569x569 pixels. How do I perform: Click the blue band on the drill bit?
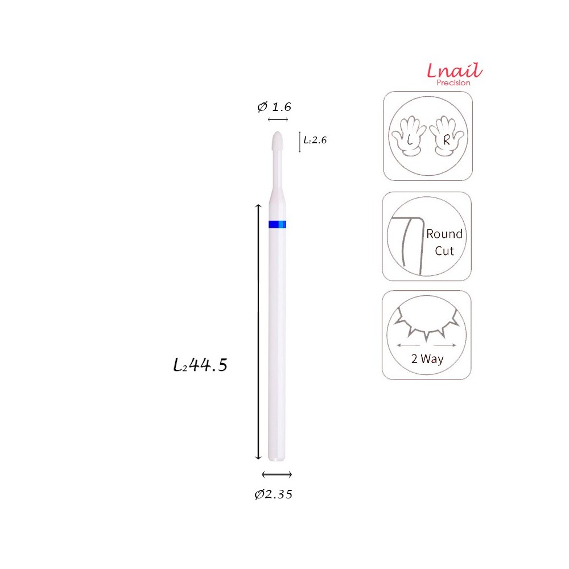pos(278,225)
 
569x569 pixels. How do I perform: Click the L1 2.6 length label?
pos(315,140)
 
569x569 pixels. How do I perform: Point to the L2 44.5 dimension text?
pos(200,365)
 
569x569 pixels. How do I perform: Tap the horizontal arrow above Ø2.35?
pos(277,475)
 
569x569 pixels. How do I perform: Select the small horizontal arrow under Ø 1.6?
pos(278,119)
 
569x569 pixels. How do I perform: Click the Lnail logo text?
pos(454,71)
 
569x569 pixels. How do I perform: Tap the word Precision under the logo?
pos(453,83)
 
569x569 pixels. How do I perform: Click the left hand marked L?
pos(409,137)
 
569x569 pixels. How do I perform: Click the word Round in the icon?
pos(444,234)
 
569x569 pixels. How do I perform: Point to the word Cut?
pos(444,251)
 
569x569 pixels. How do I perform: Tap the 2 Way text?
pos(427,359)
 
